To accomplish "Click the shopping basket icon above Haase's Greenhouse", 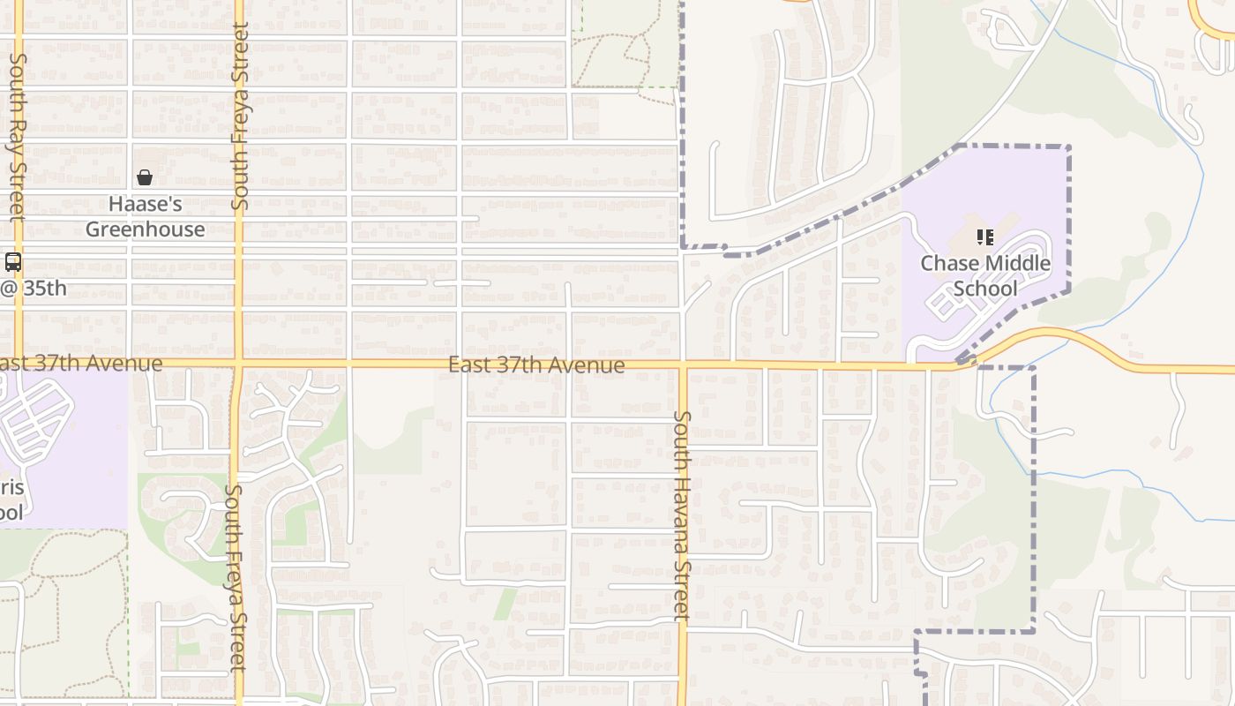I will (145, 178).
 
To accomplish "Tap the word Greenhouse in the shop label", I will (145, 229).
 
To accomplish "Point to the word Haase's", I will (145, 205).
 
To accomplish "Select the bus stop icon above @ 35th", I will (13, 262).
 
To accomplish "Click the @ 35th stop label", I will (33, 289).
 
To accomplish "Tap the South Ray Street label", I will (18, 137).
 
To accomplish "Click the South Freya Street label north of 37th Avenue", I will (239, 116).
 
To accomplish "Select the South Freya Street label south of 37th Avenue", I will (236, 577).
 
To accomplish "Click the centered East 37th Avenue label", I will (536, 364).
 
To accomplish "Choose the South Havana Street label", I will (681, 515).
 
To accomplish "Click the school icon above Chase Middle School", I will (984, 237).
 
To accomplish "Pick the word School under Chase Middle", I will (985, 289).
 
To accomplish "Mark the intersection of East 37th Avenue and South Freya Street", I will (238, 363).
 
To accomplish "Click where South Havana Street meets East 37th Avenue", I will (682, 364).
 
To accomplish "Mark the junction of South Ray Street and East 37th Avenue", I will (18, 363).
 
